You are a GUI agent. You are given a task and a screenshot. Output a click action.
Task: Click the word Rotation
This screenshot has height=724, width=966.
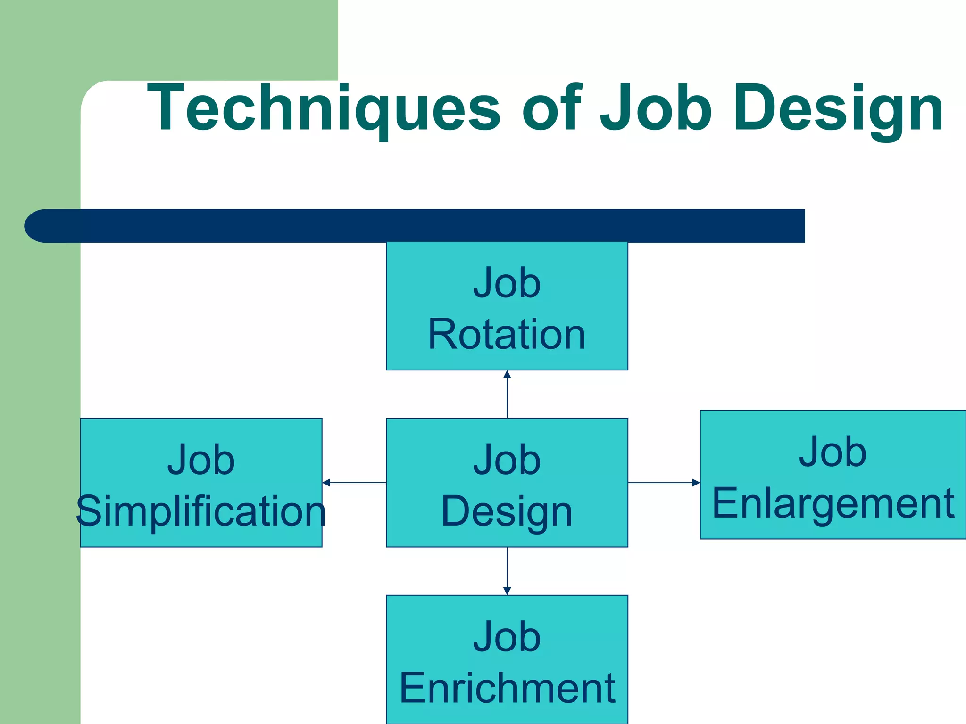pos(507,334)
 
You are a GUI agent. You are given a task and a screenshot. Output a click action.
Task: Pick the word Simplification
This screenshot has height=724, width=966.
pos(201,511)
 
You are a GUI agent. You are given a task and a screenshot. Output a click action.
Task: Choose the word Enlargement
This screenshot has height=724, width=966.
pos(833,503)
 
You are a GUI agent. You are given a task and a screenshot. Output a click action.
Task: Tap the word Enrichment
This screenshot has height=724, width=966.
pos(507,688)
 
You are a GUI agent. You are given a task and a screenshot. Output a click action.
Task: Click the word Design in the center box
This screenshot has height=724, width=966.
pos(507,511)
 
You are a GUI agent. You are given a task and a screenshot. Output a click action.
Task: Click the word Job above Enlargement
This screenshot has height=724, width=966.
pos(833,452)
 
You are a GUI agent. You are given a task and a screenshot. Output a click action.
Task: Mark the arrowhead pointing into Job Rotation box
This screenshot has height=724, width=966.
pos(507,375)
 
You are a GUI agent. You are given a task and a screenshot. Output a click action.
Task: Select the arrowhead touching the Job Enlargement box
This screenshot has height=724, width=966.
pos(696,483)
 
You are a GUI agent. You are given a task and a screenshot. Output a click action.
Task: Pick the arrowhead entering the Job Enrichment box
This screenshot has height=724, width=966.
pos(507,591)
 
